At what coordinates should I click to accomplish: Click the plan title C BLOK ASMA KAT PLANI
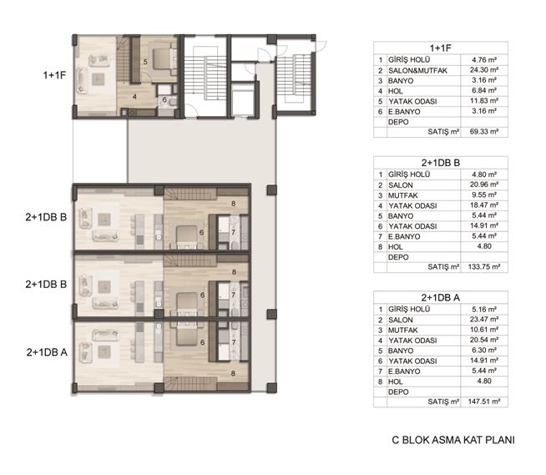(453, 440)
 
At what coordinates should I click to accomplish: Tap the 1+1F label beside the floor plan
(54, 75)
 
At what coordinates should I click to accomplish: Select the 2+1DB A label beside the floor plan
(47, 352)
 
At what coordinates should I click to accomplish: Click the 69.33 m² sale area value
(483, 132)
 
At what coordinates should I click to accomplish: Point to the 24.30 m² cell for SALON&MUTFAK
(483, 70)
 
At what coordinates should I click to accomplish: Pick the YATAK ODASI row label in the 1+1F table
(412, 101)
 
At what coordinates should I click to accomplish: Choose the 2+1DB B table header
(441, 163)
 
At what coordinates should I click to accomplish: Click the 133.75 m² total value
(484, 267)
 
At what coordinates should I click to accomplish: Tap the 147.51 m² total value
(484, 402)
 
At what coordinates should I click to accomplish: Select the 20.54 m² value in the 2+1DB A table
(483, 340)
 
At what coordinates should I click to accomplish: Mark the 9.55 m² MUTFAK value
(483, 195)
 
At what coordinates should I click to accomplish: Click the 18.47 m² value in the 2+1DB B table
(483, 205)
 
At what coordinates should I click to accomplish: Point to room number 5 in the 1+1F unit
(145, 62)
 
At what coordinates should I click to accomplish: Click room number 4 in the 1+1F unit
(134, 97)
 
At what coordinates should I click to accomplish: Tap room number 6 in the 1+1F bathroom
(164, 100)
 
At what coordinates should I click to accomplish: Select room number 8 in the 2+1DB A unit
(233, 373)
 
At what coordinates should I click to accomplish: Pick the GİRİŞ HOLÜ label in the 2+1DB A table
(409, 309)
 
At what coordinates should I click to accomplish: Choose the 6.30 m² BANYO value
(484, 351)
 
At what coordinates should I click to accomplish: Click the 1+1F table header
(441, 48)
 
